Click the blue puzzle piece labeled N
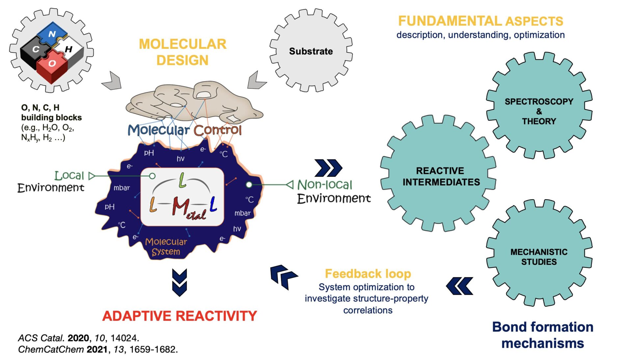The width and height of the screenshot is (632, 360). click(52, 34)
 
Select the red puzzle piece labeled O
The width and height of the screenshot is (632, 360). click(52, 65)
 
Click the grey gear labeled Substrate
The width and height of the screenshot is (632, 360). click(311, 51)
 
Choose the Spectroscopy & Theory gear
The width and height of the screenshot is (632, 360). click(539, 111)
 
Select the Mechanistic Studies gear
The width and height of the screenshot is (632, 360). click(539, 257)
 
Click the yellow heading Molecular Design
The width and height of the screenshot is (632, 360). click(182, 52)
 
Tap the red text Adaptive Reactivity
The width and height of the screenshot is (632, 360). click(179, 316)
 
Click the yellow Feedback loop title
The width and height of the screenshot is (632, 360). click(368, 274)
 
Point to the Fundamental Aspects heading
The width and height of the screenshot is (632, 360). click(480, 21)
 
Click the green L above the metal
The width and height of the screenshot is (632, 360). click(182, 180)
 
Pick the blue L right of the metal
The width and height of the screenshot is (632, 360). click(213, 204)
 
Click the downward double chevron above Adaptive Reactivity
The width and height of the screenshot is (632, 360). click(179, 282)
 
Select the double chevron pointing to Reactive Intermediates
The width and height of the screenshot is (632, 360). click(328, 168)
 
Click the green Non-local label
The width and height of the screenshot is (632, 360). click(325, 185)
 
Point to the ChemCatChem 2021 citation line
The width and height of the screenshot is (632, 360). click(98, 349)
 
